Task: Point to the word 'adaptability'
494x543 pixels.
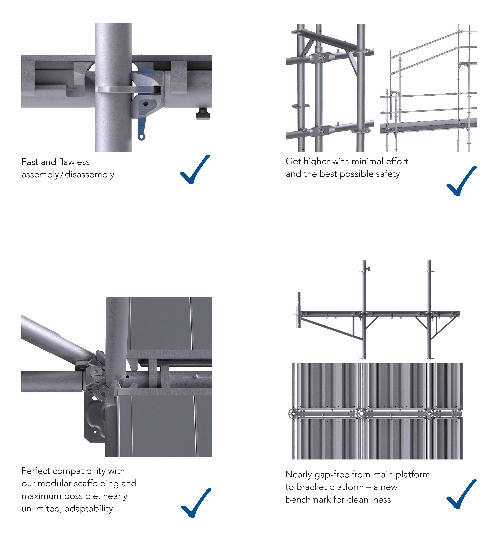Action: point(89,509)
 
